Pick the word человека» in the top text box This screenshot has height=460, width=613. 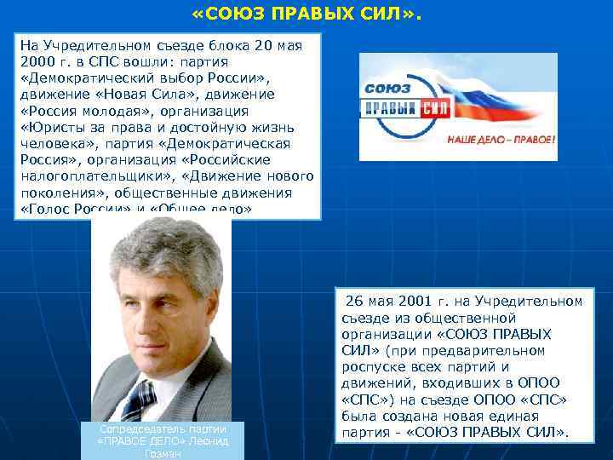[x=49, y=143]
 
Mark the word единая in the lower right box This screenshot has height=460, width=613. [x=514, y=416]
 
